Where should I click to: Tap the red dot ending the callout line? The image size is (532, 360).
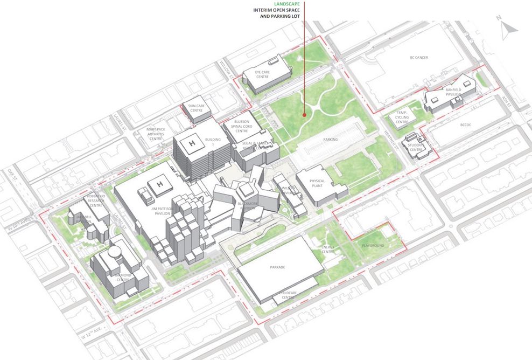(304, 115)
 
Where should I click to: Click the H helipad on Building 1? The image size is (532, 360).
(191, 143)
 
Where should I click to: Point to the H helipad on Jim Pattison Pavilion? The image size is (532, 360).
(159, 185)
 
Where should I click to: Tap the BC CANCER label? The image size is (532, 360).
(418, 57)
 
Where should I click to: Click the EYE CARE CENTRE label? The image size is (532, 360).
(262, 74)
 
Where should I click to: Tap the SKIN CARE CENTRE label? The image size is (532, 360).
(196, 108)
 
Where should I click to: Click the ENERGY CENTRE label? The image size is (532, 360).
(328, 249)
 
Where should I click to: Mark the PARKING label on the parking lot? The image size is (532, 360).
(330, 140)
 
